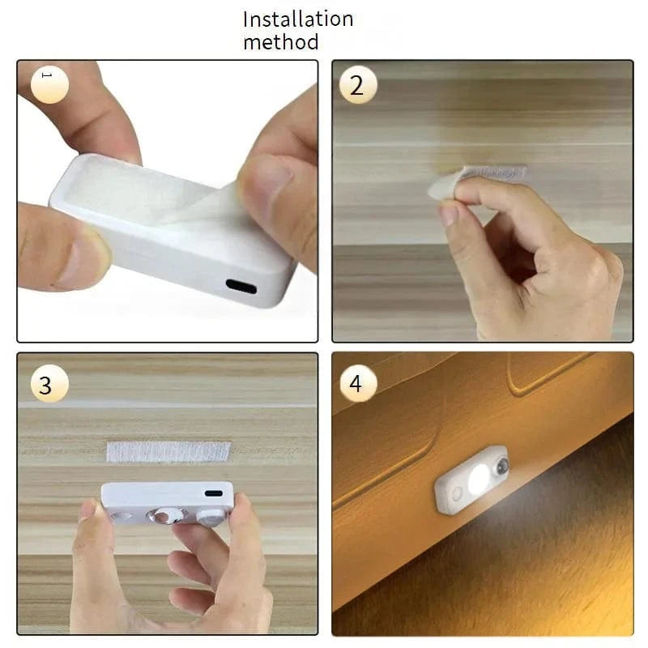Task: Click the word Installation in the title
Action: [298, 19]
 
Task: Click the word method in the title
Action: [280, 42]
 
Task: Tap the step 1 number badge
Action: [49, 83]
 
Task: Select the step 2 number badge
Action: [357, 84]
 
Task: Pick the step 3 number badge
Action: [45, 385]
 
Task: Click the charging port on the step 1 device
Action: [241, 287]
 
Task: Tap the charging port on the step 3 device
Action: [213, 493]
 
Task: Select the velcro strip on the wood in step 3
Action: [168, 451]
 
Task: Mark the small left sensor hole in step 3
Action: [123, 515]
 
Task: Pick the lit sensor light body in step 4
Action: [471, 480]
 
